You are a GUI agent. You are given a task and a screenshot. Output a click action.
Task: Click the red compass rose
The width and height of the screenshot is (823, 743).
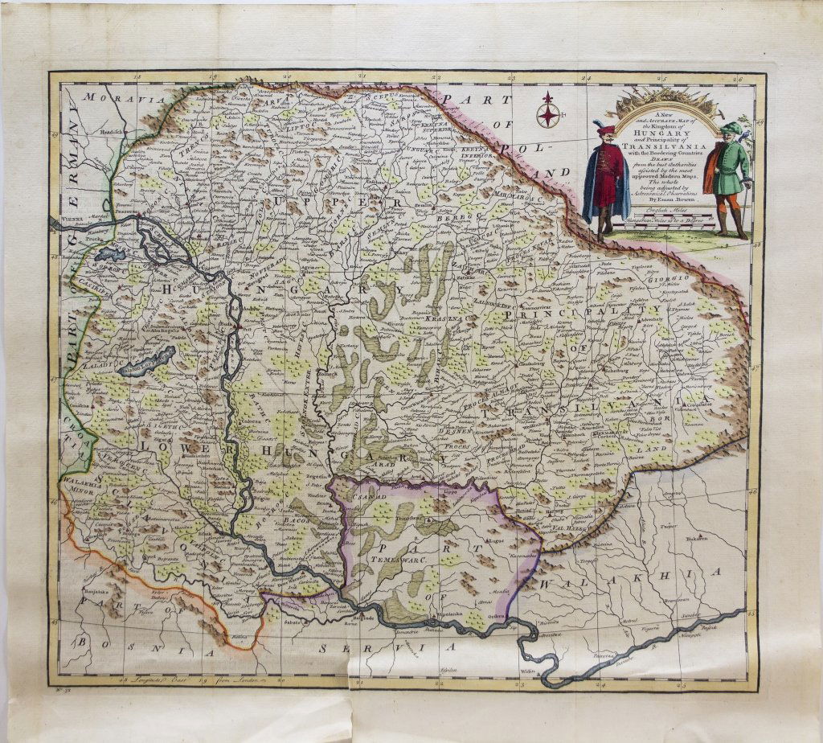tap(548, 110)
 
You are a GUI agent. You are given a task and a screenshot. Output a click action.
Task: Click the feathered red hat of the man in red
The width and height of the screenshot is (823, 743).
tap(605, 128)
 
